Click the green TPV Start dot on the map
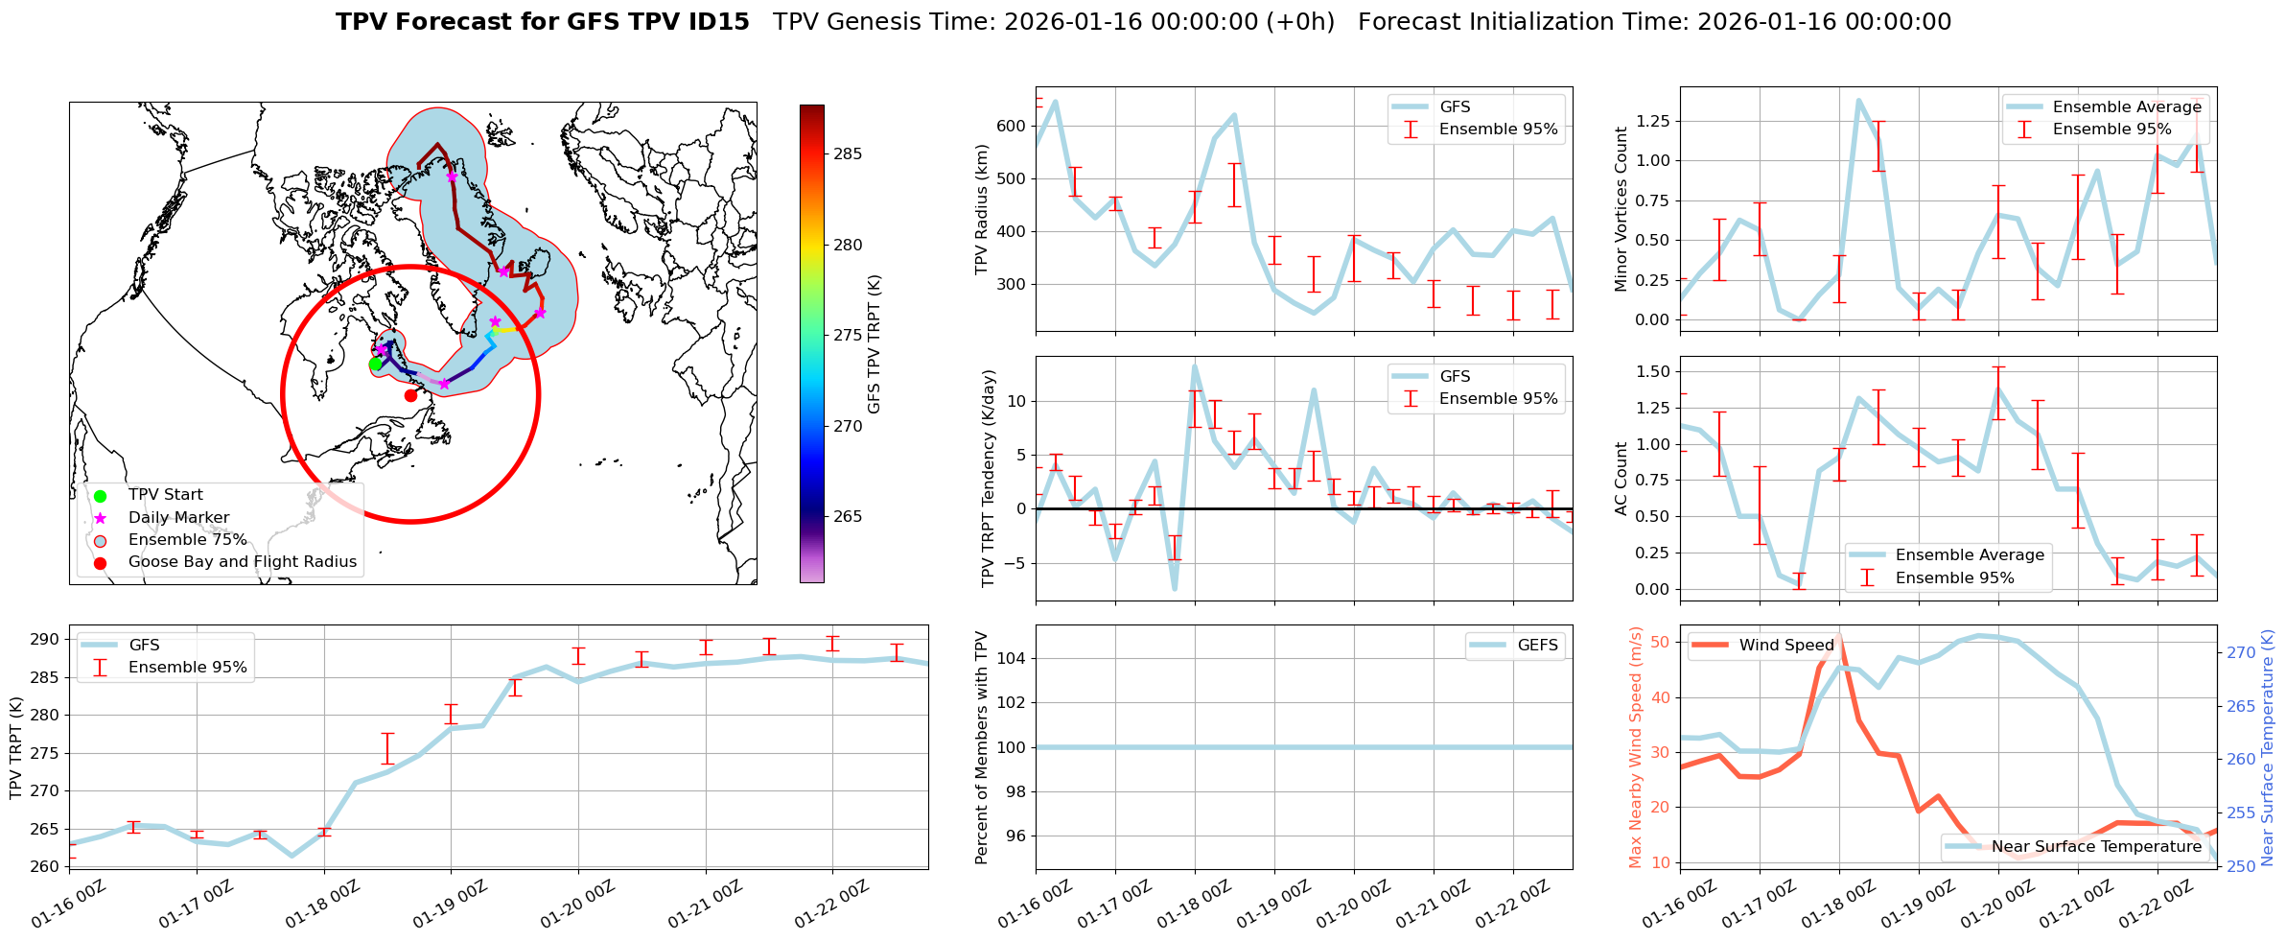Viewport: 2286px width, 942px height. [x=375, y=365]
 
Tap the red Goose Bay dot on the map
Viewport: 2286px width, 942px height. [x=410, y=395]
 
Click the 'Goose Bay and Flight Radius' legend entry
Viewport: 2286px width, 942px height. [x=242, y=562]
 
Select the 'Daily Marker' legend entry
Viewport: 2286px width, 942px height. [x=178, y=518]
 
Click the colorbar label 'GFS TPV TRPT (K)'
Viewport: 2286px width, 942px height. [x=874, y=344]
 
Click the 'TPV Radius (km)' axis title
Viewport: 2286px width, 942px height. [x=981, y=209]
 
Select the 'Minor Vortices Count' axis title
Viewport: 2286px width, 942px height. [x=1621, y=209]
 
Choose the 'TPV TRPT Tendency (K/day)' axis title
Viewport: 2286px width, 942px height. [x=989, y=479]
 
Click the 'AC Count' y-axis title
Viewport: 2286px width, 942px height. [x=1621, y=479]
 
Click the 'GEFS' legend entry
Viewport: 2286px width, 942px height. [x=1537, y=646]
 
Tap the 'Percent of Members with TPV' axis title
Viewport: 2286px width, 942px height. [x=981, y=747]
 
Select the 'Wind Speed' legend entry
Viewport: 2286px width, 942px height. [x=1785, y=646]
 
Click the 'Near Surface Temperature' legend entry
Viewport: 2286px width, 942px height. [x=2096, y=847]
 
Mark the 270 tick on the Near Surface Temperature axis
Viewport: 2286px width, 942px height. [x=2241, y=653]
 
